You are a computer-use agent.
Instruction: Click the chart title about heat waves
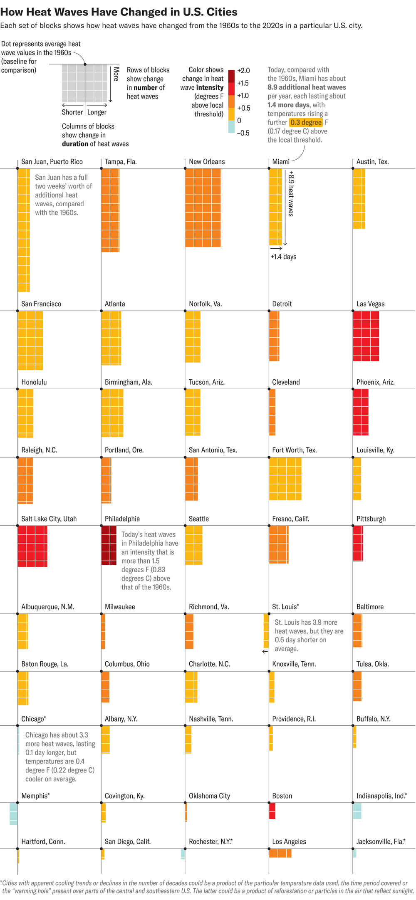click(x=119, y=12)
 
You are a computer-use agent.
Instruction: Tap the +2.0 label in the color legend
click(x=243, y=71)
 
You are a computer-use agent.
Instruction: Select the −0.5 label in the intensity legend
click(x=243, y=133)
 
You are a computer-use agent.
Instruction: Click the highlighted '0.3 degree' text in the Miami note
click(x=306, y=122)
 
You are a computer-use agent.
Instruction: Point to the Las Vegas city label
click(x=370, y=304)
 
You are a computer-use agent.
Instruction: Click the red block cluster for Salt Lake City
click(x=32, y=546)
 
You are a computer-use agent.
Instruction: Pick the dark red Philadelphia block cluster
click(x=109, y=545)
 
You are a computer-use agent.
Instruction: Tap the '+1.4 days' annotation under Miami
click(x=283, y=257)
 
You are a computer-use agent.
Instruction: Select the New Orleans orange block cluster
click(x=203, y=208)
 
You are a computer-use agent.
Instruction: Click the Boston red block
click(x=272, y=811)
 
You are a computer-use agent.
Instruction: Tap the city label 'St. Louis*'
click(x=285, y=607)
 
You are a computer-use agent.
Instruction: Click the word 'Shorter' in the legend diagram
click(x=72, y=112)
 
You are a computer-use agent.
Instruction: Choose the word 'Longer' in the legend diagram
click(x=97, y=112)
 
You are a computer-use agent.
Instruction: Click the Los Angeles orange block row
click(x=280, y=853)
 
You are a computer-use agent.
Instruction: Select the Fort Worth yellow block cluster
click(x=285, y=478)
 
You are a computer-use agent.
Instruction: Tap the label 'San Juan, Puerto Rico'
click(x=52, y=162)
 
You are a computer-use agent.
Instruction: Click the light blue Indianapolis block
click(x=357, y=811)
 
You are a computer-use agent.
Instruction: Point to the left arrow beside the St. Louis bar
click(x=265, y=651)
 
